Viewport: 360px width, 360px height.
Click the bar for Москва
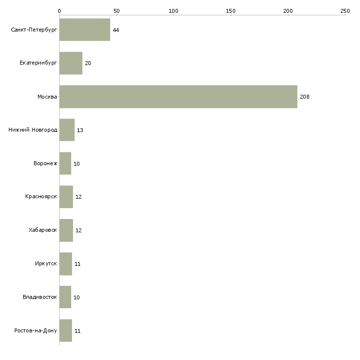click(x=179, y=97)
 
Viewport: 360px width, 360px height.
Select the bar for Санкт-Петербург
click(x=85, y=30)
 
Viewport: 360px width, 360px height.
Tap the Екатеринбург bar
click(x=71, y=63)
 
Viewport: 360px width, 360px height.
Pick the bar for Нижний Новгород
click(x=67, y=130)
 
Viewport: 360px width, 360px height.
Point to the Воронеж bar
click(x=65, y=163)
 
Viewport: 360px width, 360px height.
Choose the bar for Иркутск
click(x=66, y=264)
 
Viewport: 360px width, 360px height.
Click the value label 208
click(x=305, y=97)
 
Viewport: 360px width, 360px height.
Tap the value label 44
click(x=116, y=30)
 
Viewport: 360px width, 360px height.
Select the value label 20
click(x=88, y=63)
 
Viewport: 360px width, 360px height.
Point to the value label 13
click(x=80, y=130)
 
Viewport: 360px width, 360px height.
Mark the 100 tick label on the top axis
click(x=174, y=11)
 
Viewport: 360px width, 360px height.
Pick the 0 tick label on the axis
click(x=60, y=11)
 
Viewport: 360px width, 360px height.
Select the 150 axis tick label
click(x=231, y=11)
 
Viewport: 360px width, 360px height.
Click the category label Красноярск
click(x=41, y=197)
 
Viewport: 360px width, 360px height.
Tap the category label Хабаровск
click(x=42, y=230)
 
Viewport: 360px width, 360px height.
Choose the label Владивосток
click(x=39, y=297)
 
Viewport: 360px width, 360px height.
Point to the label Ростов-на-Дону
click(x=36, y=330)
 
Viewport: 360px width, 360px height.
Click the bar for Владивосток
click(x=65, y=297)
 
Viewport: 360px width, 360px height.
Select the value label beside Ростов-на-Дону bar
click(x=77, y=331)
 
